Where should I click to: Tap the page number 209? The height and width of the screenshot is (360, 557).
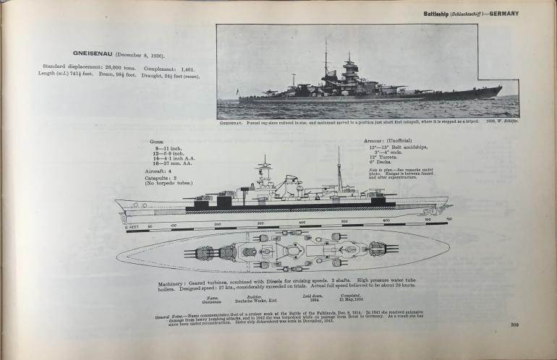pos(515,325)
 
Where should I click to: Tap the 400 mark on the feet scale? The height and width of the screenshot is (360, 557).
pos(302,223)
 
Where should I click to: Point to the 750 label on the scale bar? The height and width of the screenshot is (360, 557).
pos(448,219)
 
